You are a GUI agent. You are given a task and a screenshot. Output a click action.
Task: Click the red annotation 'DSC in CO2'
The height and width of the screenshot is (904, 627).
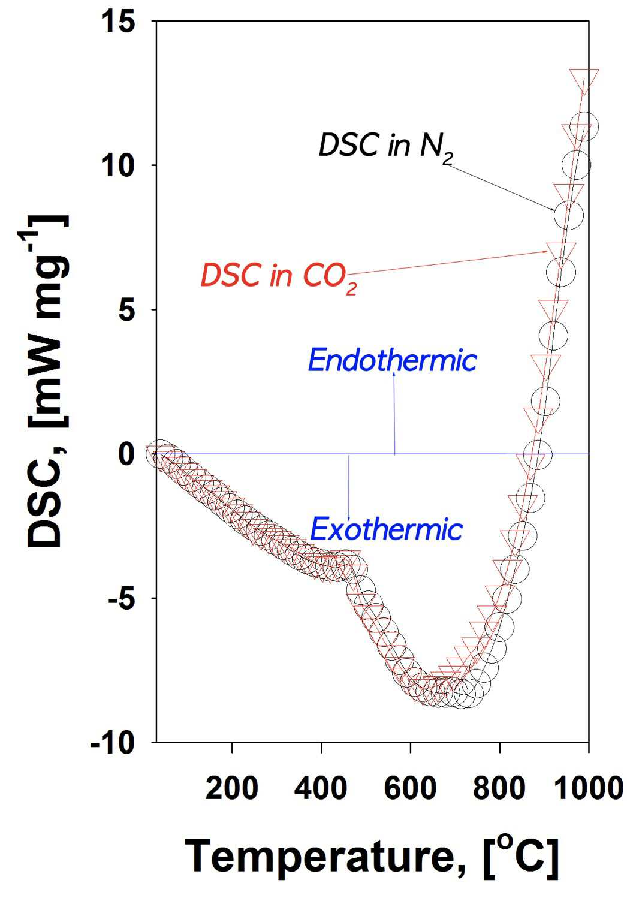tap(279, 277)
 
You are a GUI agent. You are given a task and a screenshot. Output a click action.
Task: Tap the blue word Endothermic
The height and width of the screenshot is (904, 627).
tap(392, 360)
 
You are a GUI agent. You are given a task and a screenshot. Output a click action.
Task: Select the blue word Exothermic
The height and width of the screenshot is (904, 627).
tap(387, 529)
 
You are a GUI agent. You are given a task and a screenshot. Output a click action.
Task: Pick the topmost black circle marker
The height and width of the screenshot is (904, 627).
tap(583, 126)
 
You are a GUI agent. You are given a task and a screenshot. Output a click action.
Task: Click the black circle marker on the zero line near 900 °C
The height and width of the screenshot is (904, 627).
tap(537, 454)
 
